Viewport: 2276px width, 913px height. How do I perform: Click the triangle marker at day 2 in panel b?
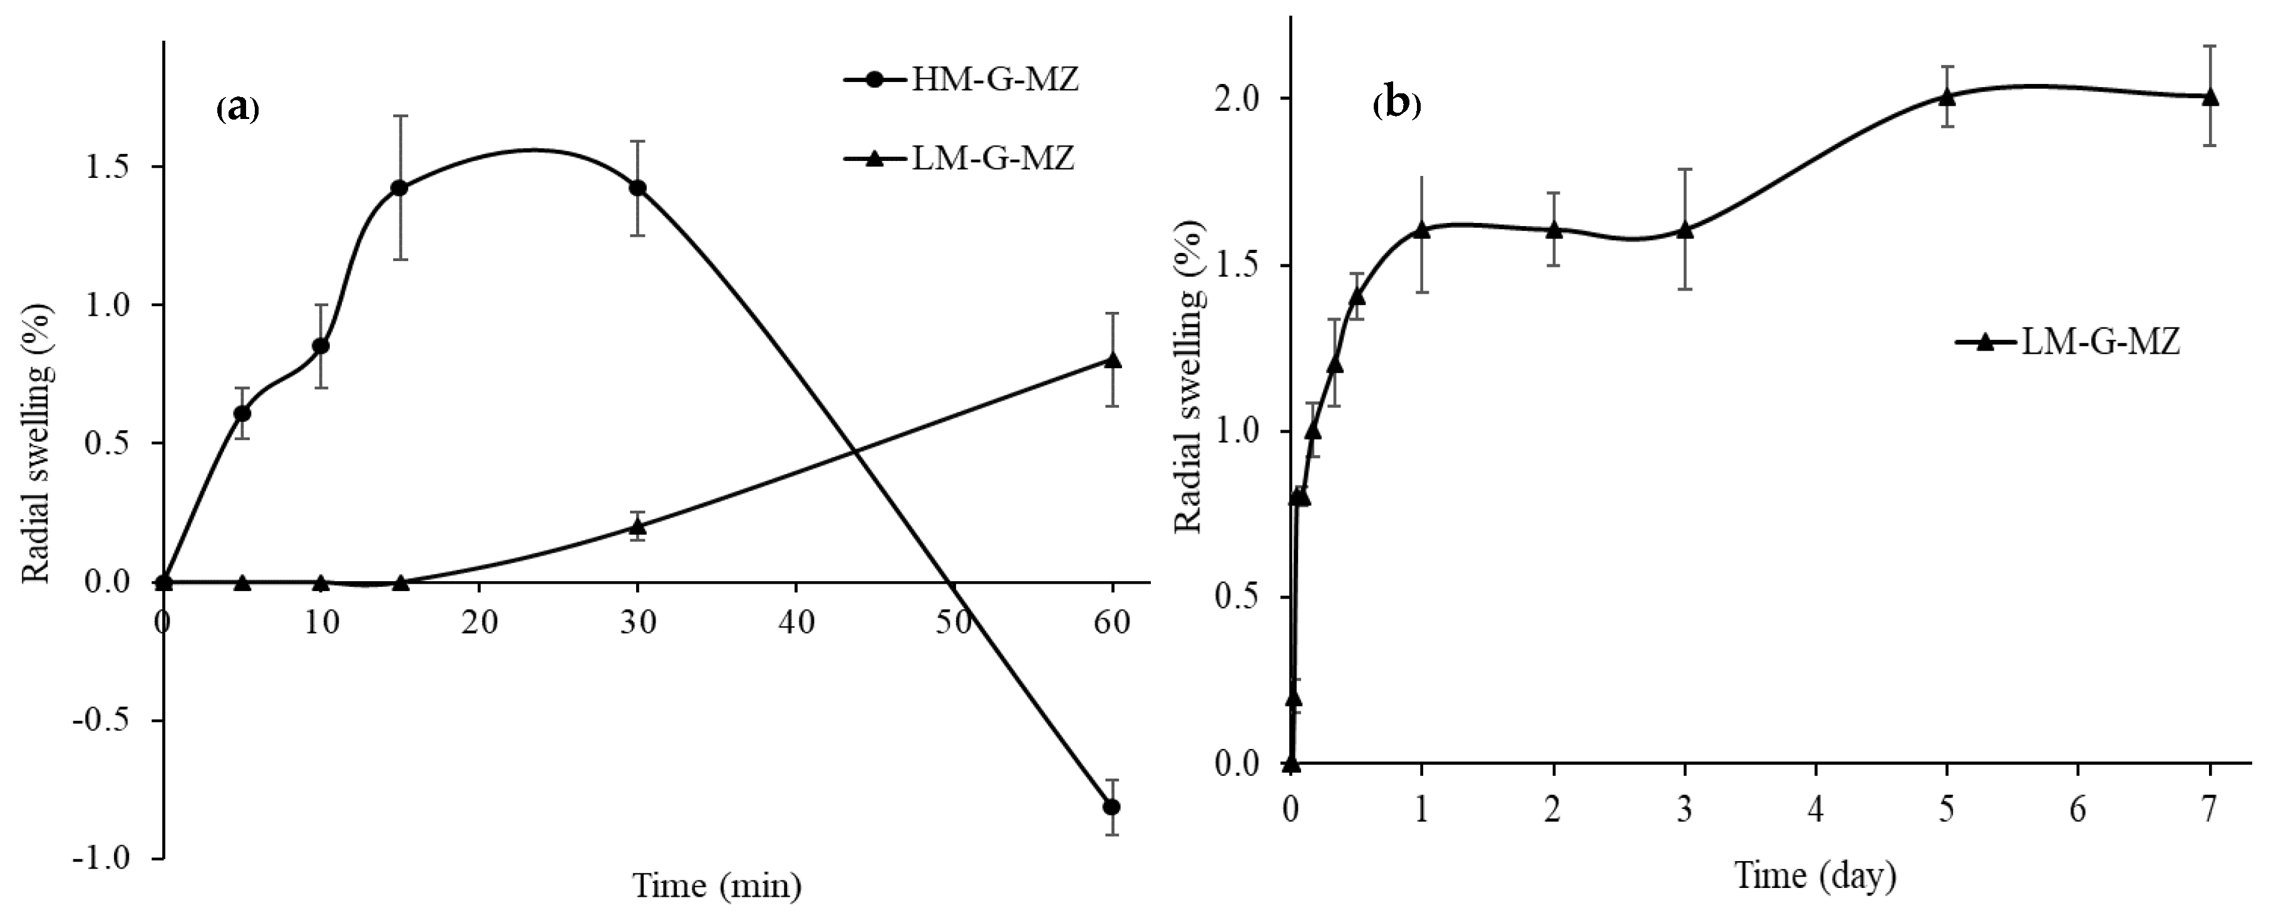pos(1553,230)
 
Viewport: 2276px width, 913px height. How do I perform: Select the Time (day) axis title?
pos(1816,875)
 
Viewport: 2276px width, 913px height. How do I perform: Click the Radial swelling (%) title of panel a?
pos(37,444)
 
